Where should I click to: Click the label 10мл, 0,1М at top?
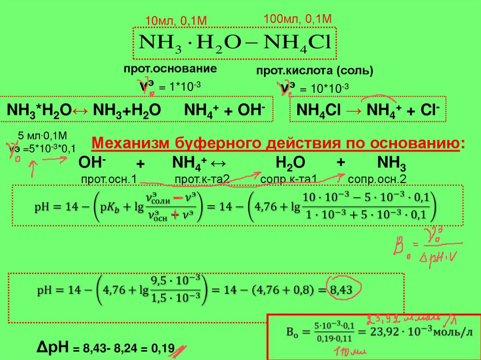click(176, 21)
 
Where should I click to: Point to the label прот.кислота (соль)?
click(314, 71)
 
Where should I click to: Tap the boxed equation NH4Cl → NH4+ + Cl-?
click(368, 110)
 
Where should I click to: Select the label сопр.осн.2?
click(377, 179)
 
